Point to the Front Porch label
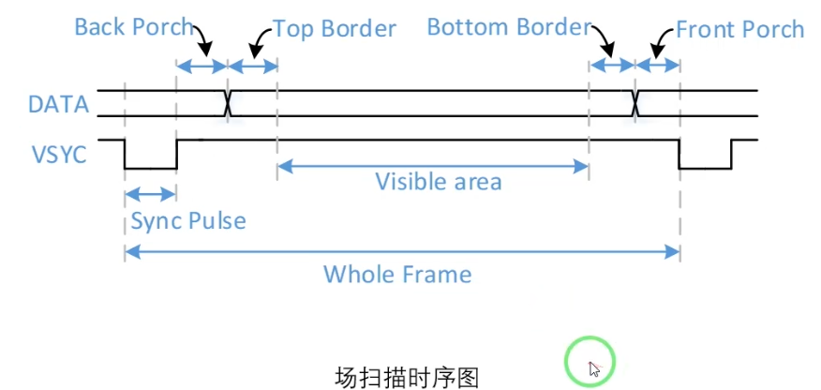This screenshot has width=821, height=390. point(739,29)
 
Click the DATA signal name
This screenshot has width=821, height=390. point(58,104)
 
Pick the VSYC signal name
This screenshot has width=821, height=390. point(58,154)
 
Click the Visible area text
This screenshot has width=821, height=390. point(438,181)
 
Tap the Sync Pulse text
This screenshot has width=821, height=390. point(187,221)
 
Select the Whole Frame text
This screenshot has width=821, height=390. point(397,275)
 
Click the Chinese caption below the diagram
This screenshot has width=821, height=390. point(407,378)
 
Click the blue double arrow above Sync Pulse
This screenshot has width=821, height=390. point(150,194)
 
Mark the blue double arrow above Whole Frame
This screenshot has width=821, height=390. point(401,250)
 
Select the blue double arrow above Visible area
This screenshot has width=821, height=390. point(432,166)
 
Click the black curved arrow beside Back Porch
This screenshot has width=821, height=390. point(202,39)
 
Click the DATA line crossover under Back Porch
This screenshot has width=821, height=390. point(227,103)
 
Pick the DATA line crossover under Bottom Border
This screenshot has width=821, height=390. point(635,103)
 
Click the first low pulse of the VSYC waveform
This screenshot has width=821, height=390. point(150,167)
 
